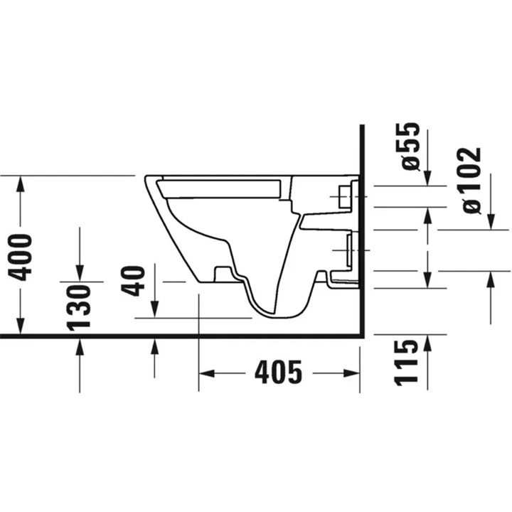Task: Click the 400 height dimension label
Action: pos(23,257)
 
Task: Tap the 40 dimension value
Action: pos(137,280)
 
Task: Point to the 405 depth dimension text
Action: pos(278,373)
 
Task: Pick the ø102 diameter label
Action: pos(470,181)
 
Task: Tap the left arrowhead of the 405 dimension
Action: pos(206,373)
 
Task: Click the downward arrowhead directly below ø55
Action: pos(427,178)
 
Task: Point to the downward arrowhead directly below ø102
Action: pos(491,223)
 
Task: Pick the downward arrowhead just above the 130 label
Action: pos(79,274)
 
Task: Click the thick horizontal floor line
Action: pos(178,337)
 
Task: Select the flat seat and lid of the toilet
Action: pos(220,188)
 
